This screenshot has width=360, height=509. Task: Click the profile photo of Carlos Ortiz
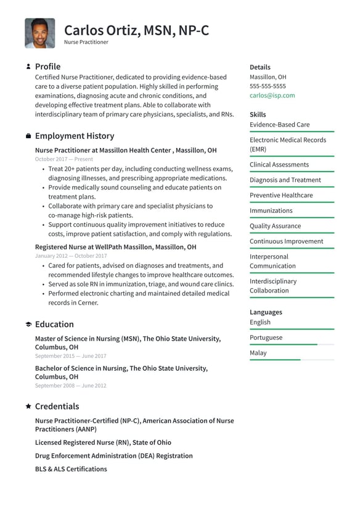39,33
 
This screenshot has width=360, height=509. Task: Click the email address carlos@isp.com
272,96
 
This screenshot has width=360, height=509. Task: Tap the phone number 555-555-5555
268,86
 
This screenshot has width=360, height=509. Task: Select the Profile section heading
47,67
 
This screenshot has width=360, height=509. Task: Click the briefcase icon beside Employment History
28,136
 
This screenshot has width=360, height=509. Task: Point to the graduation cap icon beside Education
28,325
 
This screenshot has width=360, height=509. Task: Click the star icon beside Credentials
28,407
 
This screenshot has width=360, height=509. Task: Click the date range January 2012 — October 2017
71,256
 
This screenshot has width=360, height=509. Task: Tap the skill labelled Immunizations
271,211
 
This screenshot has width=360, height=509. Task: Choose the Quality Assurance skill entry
275,226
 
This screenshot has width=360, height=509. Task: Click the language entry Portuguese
266,337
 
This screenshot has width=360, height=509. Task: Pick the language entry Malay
258,353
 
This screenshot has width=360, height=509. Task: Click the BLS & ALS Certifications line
71,470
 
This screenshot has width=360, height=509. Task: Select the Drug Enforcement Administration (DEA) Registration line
113,456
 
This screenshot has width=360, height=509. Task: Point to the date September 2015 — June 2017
70,356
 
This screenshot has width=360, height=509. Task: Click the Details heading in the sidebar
260,67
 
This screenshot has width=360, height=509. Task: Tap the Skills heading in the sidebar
258,115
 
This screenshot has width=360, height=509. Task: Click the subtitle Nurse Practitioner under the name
86,43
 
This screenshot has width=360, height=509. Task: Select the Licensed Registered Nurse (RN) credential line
103,443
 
